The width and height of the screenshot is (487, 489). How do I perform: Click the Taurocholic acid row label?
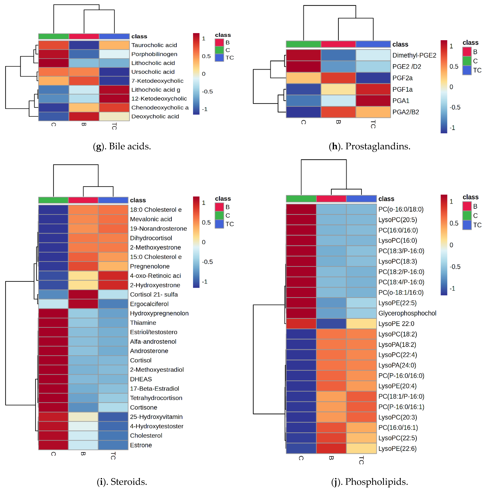[x=154, y=45]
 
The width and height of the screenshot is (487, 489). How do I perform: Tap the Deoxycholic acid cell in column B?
[x=84, y=116]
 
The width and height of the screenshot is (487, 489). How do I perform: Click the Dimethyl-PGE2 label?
[x=414, y=55]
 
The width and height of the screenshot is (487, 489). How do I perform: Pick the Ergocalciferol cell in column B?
[x=83, y=304]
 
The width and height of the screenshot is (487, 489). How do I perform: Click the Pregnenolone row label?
[x=150, y=266]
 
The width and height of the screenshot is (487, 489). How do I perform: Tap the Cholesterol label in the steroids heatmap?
[x=146, y=435]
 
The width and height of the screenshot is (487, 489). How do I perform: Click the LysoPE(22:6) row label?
[x=397, y=448]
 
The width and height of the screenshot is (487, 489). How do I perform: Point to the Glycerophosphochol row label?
[x=407, y=313]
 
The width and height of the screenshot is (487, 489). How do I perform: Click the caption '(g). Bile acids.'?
[x=122, y=146]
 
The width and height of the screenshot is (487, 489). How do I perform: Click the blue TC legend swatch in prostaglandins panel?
[x=467, y=70]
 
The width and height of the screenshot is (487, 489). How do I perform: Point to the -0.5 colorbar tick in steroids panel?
[x=207, y=262]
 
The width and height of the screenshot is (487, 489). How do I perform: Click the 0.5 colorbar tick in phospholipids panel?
[x=454, y=223]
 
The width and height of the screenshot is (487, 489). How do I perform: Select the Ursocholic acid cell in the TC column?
[x=114, y=72]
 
